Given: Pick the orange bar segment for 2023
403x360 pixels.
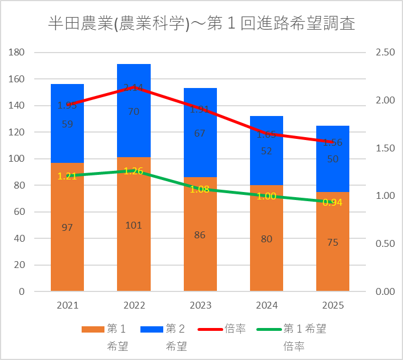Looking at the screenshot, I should (200, 257).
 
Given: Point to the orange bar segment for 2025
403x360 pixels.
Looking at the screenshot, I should (333, 263).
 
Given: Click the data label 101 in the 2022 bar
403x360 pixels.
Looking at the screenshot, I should (134, 225).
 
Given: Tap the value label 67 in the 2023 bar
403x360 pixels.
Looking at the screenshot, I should (200, 133).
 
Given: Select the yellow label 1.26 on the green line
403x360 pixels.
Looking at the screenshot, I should (134, 171).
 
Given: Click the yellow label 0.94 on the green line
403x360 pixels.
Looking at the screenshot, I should (333, 202).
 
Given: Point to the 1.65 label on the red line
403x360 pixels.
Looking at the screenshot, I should (267, 135).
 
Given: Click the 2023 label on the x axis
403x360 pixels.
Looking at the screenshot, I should (200, 305).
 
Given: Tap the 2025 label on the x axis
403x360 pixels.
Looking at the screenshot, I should (333, 305).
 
